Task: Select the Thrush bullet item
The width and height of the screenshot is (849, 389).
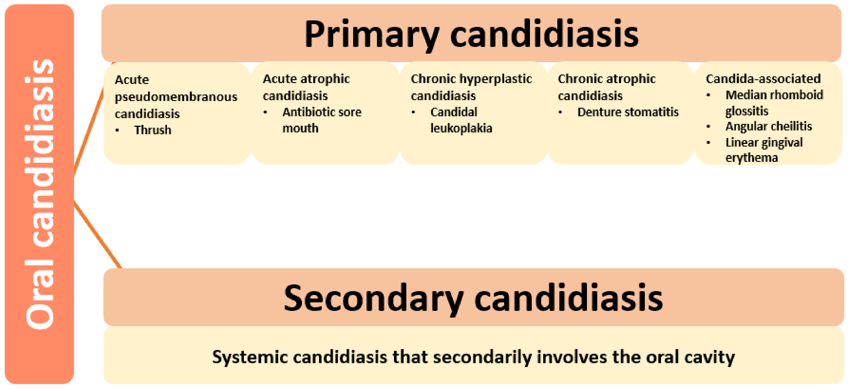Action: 153,130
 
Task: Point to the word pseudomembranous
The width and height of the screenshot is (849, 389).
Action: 176,97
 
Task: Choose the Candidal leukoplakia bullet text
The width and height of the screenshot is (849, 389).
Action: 461,120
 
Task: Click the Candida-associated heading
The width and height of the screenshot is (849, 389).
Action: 763,79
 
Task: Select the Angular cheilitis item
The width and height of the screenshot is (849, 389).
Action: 769,126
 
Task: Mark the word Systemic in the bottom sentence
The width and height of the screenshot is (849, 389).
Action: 250,357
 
